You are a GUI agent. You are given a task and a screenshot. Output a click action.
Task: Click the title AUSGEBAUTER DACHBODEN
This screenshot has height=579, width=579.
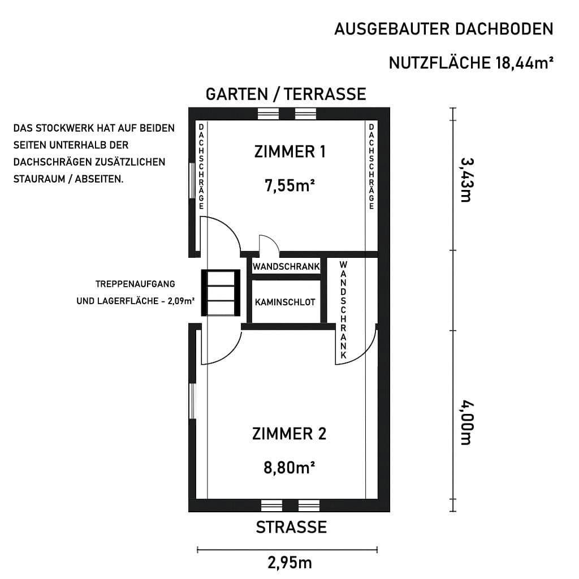443,29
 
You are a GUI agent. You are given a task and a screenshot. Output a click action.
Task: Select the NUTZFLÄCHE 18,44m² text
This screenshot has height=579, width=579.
470,63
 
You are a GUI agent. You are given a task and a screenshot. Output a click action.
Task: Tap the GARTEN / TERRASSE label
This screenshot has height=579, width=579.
286,94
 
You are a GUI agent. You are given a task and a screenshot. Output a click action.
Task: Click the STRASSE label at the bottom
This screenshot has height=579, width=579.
291,528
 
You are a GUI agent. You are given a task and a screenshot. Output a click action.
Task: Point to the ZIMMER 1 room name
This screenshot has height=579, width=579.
289,152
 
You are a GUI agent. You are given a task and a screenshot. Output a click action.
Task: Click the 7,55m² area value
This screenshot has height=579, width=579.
289,185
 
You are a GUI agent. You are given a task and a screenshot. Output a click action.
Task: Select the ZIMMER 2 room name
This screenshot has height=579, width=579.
289,434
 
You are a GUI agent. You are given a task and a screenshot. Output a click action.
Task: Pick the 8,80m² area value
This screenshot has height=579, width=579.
289,468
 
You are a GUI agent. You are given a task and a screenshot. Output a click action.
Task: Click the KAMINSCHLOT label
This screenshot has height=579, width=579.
285,303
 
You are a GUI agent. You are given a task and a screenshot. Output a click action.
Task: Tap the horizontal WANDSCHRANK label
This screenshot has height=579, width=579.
286,266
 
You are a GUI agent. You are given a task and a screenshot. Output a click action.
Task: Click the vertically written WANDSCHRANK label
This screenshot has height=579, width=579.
343,310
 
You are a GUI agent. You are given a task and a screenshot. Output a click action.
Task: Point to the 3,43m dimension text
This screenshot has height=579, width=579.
465,179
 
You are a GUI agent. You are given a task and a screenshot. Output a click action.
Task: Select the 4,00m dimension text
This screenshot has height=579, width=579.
465,422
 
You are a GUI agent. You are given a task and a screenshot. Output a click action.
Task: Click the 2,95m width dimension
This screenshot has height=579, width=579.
289,563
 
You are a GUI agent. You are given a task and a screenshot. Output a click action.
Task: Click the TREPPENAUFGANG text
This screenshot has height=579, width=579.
136,283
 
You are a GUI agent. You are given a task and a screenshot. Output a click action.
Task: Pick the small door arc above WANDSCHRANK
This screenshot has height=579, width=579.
269,244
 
